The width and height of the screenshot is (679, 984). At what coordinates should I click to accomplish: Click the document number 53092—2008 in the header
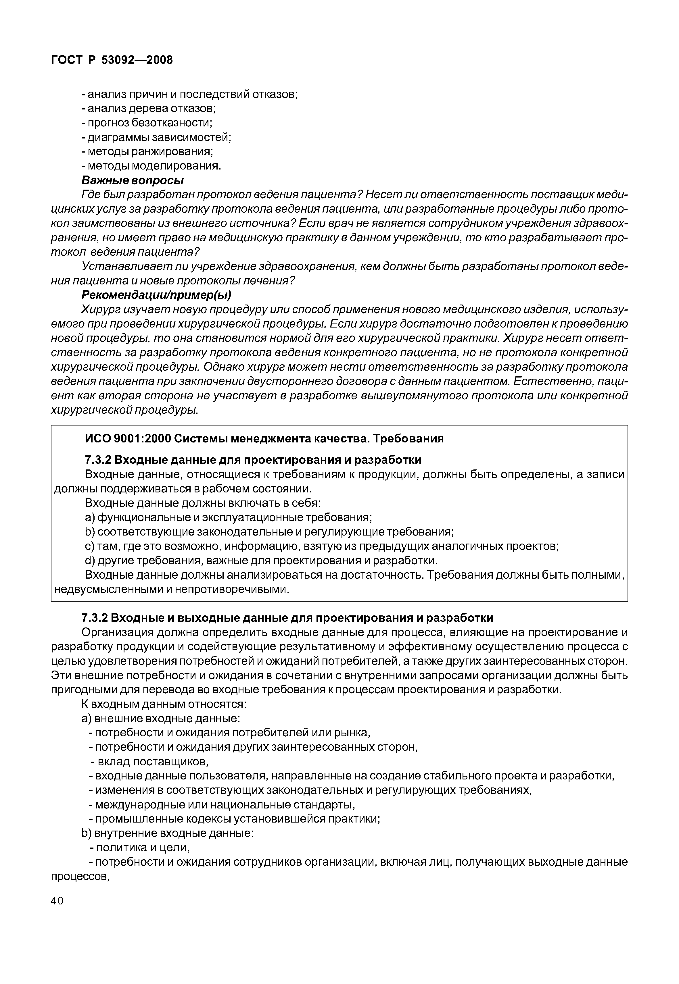(x=137, y=60)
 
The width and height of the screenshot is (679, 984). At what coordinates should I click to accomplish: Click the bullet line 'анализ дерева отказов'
(x=149, y=108)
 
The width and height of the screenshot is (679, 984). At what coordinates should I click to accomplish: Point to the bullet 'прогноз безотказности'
(x=147, y=123)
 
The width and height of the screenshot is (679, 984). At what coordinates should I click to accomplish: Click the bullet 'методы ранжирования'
(x=147, y=151)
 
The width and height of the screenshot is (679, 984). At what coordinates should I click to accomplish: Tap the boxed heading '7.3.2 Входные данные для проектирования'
(x=253, y=460)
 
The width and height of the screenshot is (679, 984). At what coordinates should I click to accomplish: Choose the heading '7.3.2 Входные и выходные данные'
(x=287, y=617)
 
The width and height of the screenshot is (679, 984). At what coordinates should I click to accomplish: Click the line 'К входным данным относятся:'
(x=164, y=704)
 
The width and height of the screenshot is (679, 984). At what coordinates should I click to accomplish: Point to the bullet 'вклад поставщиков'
(x=149, y=762)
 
